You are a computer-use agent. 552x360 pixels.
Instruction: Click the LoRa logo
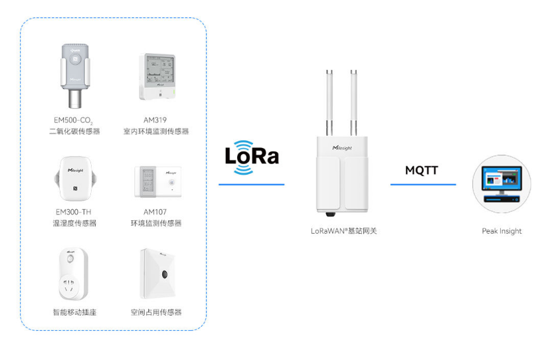tap(252, 157)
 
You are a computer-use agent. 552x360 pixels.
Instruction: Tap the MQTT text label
tap(422, 170)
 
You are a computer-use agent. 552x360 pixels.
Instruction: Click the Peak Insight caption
tap(502, 231)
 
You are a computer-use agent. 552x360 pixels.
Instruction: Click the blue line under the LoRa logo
tap(251, 184)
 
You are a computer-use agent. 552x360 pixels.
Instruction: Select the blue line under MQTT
tap(422, 184)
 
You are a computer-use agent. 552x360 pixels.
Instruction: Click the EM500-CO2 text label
tap(73, 120)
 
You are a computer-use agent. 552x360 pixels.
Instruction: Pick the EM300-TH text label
tap(74, 212)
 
